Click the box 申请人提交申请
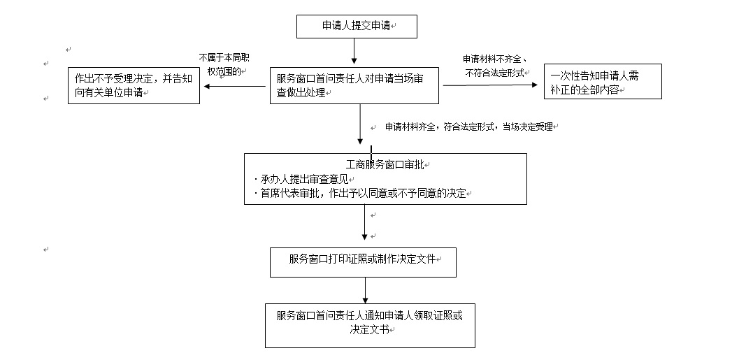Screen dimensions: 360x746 click(357, 26)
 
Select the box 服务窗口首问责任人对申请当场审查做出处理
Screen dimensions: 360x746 click(355, 85)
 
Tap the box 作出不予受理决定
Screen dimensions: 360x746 click(134, 85)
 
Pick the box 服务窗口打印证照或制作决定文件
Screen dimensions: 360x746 click(364, 261)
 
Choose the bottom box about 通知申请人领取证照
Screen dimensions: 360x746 click(370, 324)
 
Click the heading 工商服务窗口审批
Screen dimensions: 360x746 click(385, 165)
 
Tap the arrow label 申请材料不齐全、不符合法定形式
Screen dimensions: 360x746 click(495, 65)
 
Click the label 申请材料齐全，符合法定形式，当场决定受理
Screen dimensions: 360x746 click(469, 127)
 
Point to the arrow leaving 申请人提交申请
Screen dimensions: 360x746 click(354, 51)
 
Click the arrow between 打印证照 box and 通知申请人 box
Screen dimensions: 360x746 click(365, 289)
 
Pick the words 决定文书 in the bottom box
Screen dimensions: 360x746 click(369, 330)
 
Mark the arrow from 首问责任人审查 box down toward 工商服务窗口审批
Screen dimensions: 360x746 click(361, 124)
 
